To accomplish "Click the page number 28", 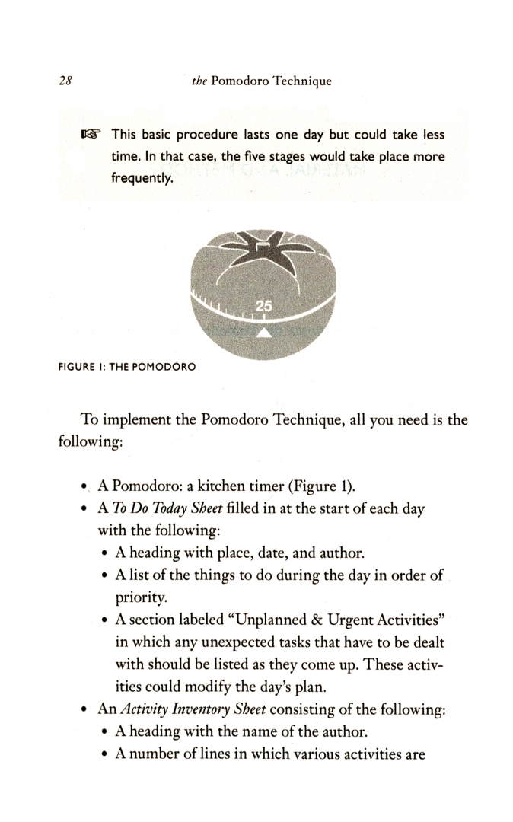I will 64,81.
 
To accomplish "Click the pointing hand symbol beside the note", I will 91,135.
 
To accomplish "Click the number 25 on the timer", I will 263,306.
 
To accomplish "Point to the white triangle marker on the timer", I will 263,332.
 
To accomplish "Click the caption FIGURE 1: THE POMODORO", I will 126,367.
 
